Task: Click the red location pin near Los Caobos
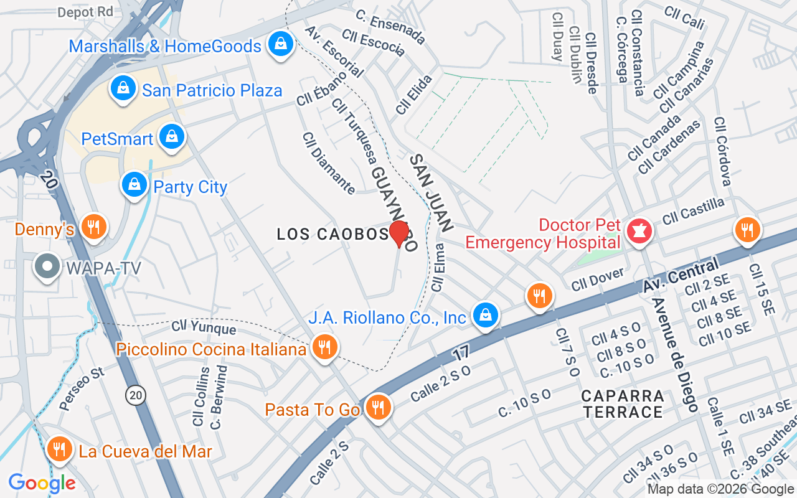(x=399, y=234)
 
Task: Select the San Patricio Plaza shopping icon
(x=123, y=89)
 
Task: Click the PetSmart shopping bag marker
(x=171, y=137)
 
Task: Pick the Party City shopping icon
(x=134, y=185)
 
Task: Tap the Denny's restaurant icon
(x=93, y=227)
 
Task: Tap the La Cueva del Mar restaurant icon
(x=59, y=449)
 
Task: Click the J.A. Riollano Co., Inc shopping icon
(x=484, y=316)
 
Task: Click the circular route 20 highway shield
(x=135, y=395)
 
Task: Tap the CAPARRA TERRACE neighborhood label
(x=623, y=404)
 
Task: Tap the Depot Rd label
(x=85, y=12)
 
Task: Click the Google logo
(x=42, y=482)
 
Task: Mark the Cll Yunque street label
(x=204, y=327)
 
